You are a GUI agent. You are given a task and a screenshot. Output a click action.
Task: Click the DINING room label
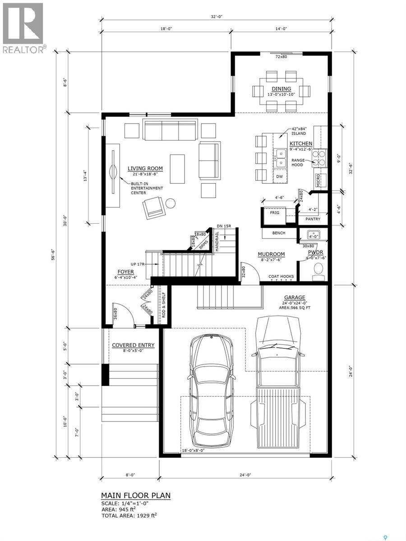pyautogui.click(x=281, y=89)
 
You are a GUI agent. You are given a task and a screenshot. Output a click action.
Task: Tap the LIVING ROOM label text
pyautogui.click(x=145, y=169)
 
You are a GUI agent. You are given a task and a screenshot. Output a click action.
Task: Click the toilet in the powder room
pyautogui.click(x=318, y=270)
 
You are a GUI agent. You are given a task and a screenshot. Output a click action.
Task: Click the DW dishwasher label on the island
pyautogui.click(x=279, y=176)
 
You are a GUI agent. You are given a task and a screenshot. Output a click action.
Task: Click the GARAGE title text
pyautogui.click(x=295, y=298)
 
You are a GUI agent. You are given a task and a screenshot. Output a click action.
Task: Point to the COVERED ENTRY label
pyautogui.click(x=133, y=345)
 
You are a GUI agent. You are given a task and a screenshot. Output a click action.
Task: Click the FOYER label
pyautogui.click(x=125, y=272)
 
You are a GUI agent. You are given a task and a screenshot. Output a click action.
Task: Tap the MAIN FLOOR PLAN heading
pyautogui.click(x=135, y=495)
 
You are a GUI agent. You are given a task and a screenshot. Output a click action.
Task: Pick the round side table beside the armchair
pyautogui.click(x=170, y=203)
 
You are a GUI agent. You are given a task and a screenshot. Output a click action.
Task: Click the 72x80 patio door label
pyautogui.click(x=281, y=57)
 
